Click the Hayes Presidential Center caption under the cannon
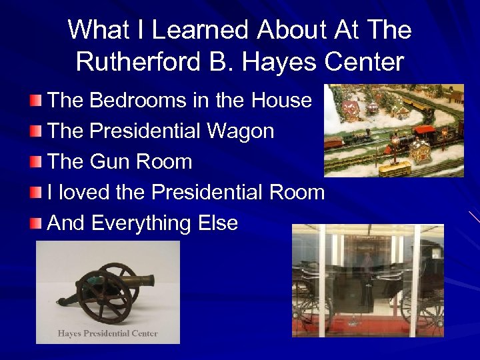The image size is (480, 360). pos(107,333)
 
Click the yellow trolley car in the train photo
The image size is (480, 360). pos(394,167)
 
